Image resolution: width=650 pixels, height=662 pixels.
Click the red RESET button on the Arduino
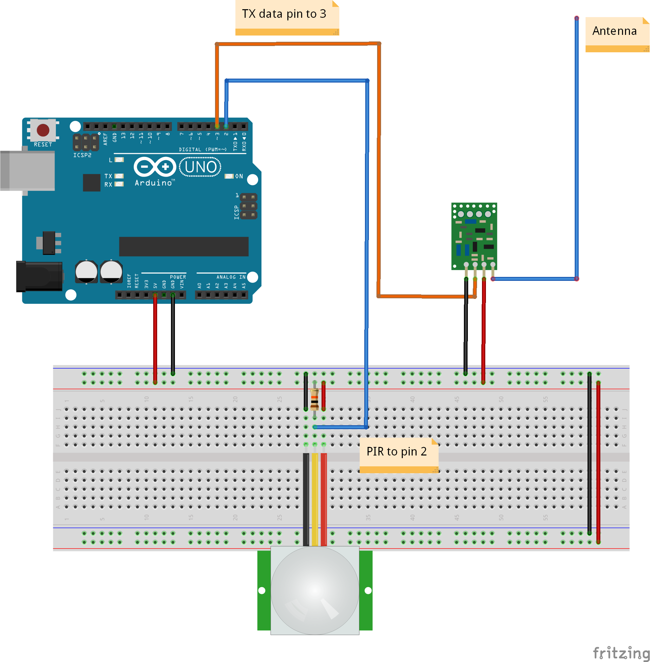click(43, 130)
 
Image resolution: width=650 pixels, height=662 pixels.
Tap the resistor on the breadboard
click(314, 399)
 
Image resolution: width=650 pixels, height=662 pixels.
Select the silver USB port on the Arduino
click(27, 170)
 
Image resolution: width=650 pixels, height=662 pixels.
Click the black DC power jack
click(39, 276)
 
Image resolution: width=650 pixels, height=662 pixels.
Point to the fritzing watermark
click(621, 652)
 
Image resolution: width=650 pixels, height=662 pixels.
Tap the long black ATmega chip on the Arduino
click(184, 246)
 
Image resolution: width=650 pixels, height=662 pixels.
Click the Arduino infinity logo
click(155, 167)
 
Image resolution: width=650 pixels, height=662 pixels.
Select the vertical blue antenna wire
click(577, 147)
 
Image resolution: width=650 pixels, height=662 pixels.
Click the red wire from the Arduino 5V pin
click(155, 338)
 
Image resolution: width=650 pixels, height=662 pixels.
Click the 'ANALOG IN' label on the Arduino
click(231, 277)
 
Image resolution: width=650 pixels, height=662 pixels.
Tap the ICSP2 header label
click(82, 155)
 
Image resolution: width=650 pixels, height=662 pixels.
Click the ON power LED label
click(239, 176)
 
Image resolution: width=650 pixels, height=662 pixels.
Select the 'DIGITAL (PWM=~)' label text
click(203, 149)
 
